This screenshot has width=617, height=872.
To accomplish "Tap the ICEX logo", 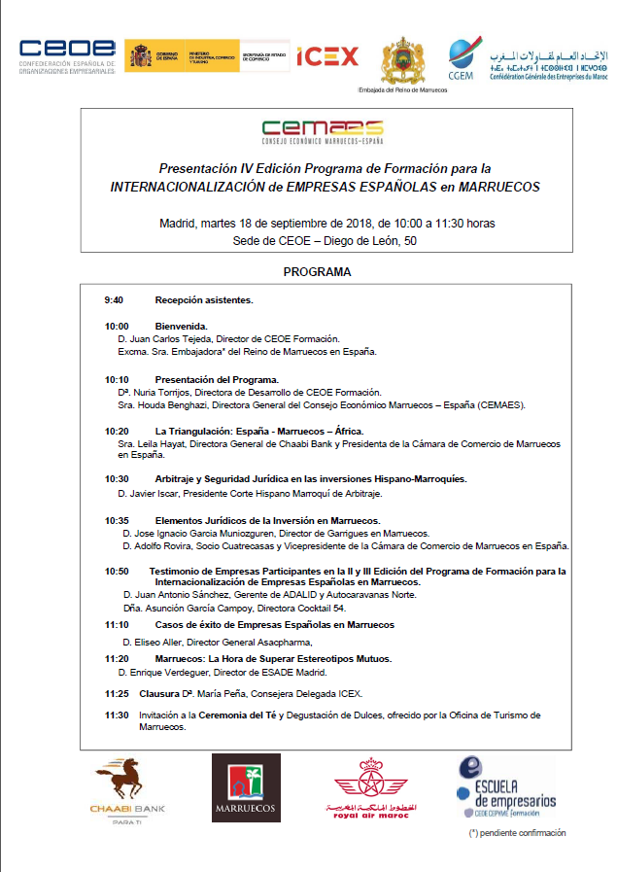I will [327, 56].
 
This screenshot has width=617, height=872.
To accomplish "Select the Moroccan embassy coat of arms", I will [402, 61].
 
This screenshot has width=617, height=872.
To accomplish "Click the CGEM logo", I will [461, 58].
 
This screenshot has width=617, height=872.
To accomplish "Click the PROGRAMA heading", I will [317, 272].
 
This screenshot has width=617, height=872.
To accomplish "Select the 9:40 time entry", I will [114, 300].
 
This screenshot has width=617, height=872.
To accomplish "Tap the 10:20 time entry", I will [117, 431].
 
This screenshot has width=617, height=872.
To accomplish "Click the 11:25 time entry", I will [117, 693].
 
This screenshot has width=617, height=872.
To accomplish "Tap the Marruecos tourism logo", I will [246, 788].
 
